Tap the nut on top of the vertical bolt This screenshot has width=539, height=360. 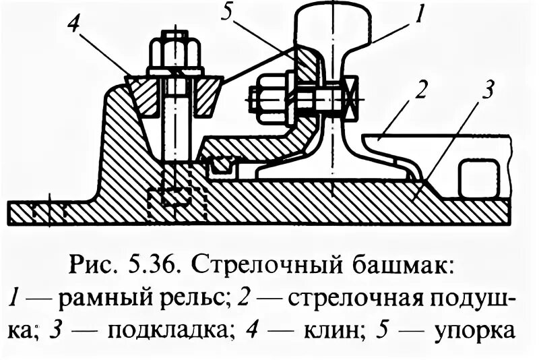(175, 51)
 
